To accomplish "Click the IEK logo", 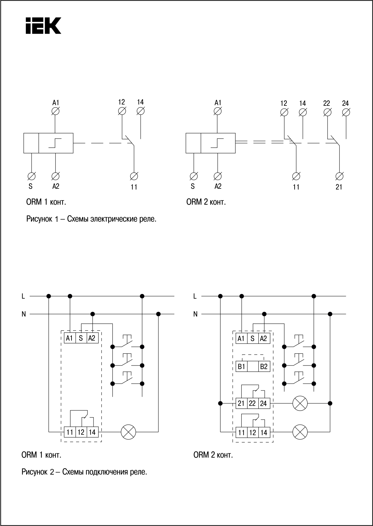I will [x=43, y=26].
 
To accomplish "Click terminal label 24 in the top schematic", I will [x=345, y=103].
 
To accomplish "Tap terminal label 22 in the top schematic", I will [x=327, y=103].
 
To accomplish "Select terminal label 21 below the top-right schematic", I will [x=339, y=187].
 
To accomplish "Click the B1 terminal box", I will [x=241, y=367].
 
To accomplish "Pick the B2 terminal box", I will [x=264, y=367].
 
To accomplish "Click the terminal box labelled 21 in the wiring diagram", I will [x=241, y=403].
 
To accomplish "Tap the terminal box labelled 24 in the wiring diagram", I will [x=264, y=403].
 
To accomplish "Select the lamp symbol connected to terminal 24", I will [x=300, y=403].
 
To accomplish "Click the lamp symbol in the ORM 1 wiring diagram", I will [x=128, y=432].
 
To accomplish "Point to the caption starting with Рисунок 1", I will [x=91, y=219].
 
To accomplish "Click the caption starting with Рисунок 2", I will [x=84, y=472].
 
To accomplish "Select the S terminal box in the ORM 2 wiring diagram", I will [x=252, y=338].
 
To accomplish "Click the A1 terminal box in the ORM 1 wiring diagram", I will [x=69, y=338].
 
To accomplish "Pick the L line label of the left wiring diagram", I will [x=23, y=296].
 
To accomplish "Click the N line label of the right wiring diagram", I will [x=195, y=314].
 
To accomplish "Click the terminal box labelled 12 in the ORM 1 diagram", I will [x=81, y=432].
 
